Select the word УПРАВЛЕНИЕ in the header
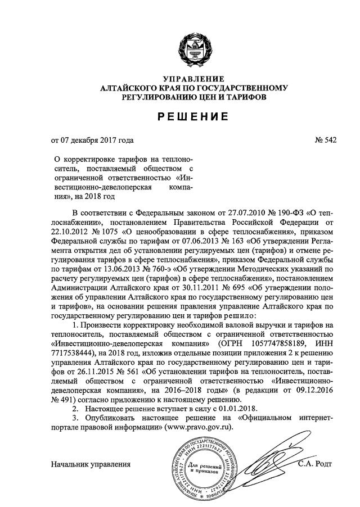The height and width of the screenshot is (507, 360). tap(193, 78)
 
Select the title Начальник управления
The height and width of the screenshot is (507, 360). tap(91, 464)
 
